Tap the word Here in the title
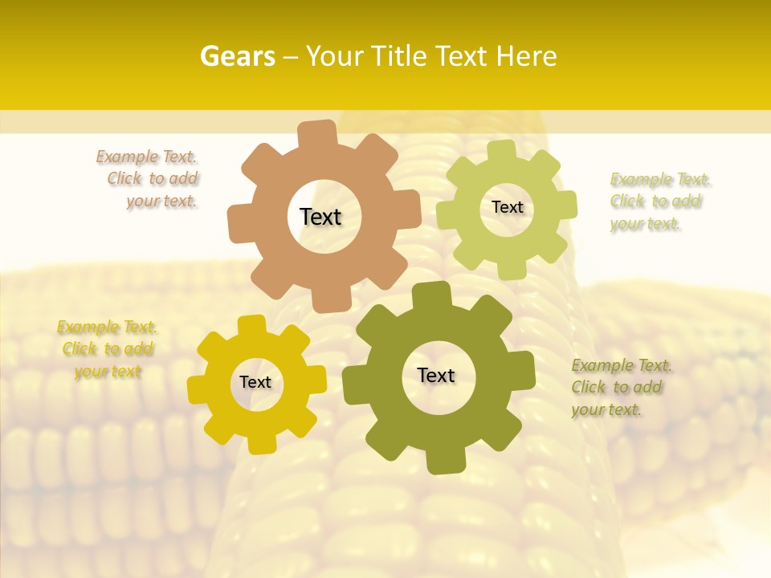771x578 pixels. tap(527, 56)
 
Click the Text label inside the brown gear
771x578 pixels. tap(320, 217)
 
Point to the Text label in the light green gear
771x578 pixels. tap(507, 207)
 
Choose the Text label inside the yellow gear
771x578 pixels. tap(255, 383)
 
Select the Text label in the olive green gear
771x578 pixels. tap(436, 376)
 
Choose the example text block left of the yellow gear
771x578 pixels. tap(107, 349)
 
